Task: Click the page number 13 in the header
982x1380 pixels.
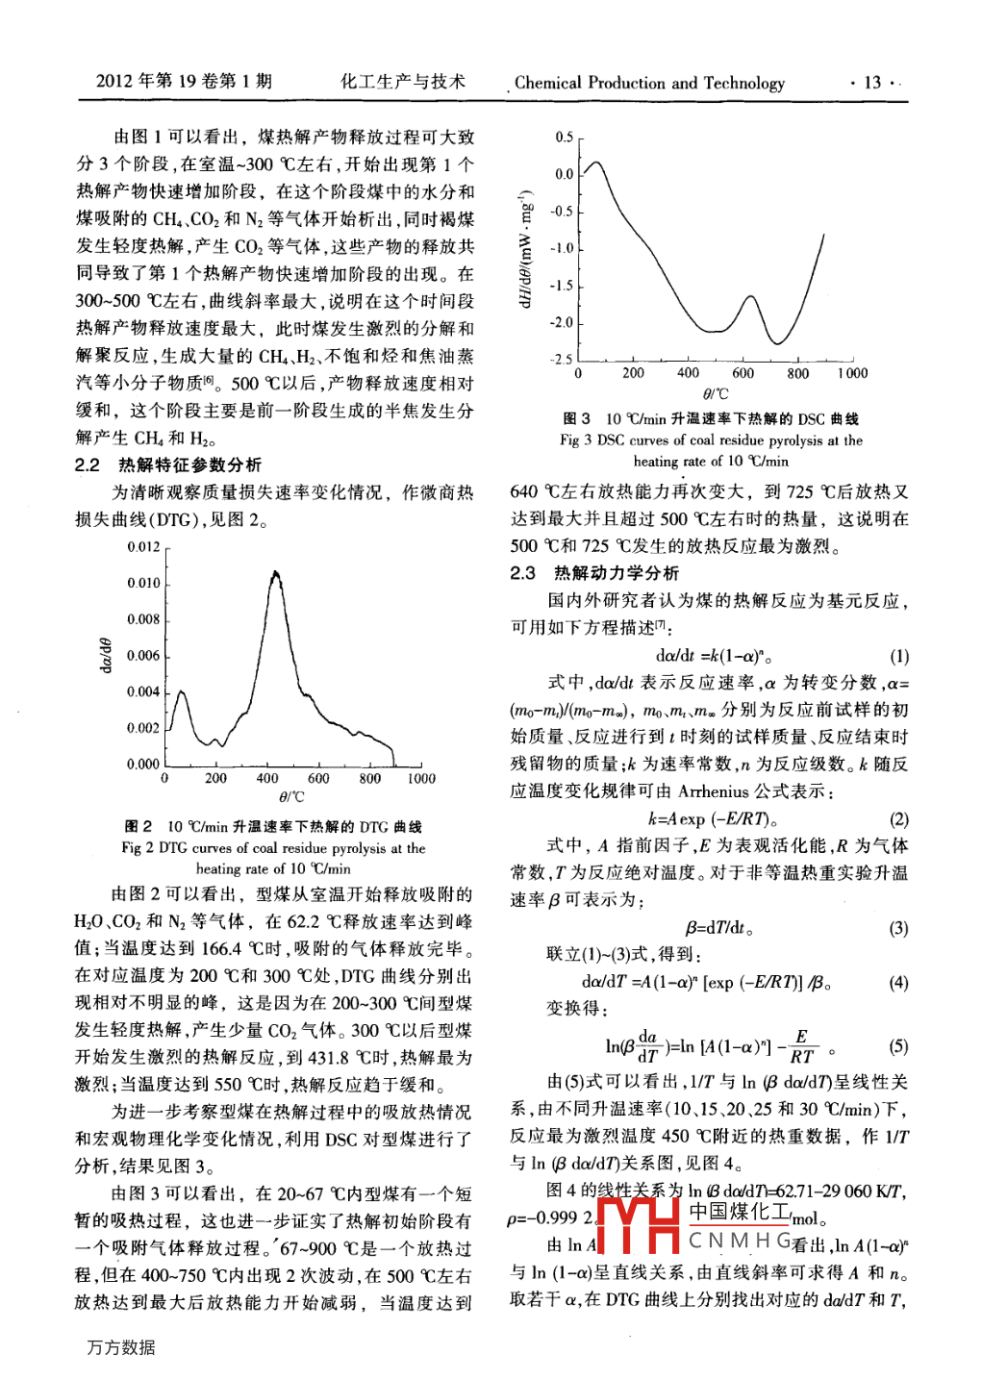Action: [872, 83]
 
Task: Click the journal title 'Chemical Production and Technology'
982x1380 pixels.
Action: [649, 83]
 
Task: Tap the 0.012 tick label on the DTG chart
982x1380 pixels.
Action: [143, 547]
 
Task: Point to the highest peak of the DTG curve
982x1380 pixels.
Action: [276, 573]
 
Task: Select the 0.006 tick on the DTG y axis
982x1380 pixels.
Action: [143, 656]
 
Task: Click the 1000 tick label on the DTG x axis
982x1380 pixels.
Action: [420, 778]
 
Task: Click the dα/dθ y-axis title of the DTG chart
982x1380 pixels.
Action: [106, 656]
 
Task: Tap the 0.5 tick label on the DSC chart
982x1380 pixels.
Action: [564, 138]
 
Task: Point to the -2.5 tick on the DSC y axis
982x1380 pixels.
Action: [561, 360]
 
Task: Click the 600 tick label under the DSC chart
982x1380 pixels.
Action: [743, 373]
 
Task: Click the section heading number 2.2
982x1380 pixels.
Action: [88, 465]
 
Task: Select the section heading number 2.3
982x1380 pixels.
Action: [523, 573]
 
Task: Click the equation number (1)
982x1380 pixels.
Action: [898, 657]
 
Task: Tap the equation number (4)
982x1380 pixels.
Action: [898, 983]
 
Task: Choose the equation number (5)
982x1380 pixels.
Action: [898, 1046]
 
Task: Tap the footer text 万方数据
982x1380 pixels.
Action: [120, 1347]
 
